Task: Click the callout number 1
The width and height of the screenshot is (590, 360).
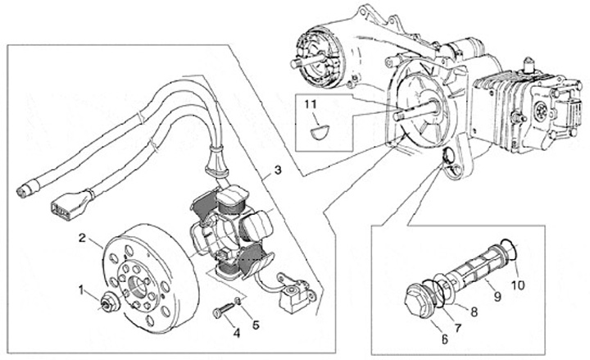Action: (x=81, y=290)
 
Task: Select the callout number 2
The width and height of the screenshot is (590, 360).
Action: (x=82, y=238)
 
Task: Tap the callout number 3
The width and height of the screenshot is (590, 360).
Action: (x=278, y=171)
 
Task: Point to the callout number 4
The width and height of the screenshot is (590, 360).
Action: (x=237, y=333)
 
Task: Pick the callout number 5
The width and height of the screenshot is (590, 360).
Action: (x=256, y=325)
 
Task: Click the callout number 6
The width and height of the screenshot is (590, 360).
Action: (x=445, y=339)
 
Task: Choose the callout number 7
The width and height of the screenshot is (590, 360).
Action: (x=457, y=328)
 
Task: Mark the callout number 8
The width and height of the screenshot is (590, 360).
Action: (x=474, y=312)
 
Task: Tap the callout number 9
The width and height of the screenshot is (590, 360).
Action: (x=497, y=297)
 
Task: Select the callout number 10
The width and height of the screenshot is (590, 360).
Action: (x=518, y=285)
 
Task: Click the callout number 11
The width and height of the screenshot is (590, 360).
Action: (x=311, y=105)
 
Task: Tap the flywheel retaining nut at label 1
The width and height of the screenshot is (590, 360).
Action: (x=109, y=301)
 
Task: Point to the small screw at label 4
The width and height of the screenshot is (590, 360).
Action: (x=225, y=309)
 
